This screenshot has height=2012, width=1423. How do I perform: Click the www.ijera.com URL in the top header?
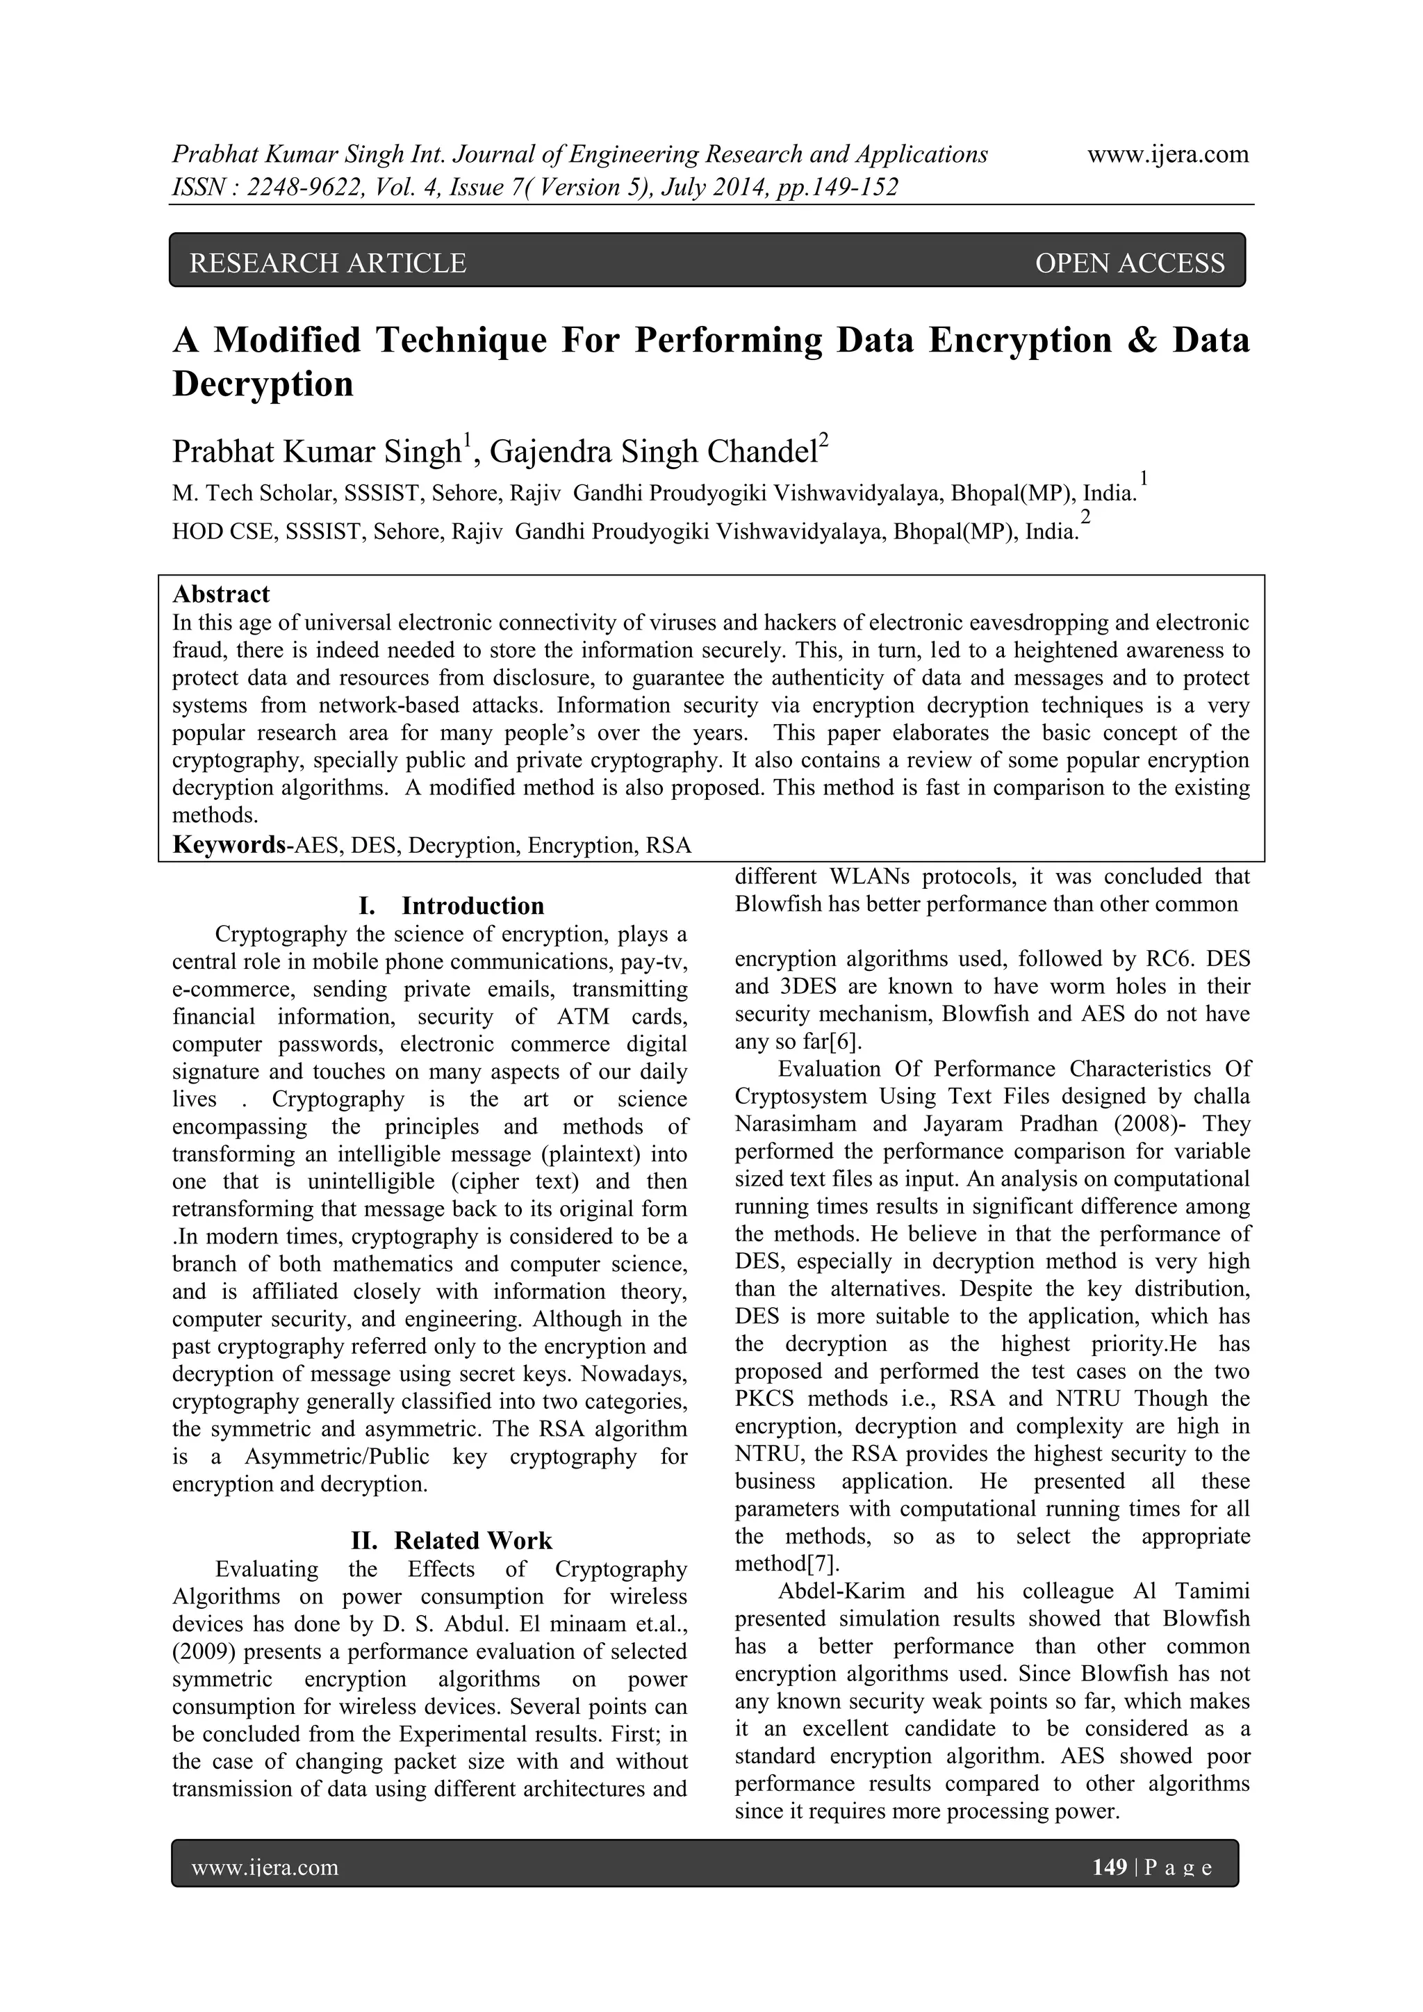click(1167, 155)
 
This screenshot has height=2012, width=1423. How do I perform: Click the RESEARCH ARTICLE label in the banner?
click(328, 263)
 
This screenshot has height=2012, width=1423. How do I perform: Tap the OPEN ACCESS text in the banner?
click(1130, 263)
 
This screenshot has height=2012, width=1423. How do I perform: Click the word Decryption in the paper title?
click(263, 384)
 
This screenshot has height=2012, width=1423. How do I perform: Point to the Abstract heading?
click(221, 594)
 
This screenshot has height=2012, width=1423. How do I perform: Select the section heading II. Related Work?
click(451, 1541)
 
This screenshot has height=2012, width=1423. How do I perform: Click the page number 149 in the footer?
click(1110, 1867)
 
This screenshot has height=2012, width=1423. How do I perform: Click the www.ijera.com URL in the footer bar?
click(265, 1867)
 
